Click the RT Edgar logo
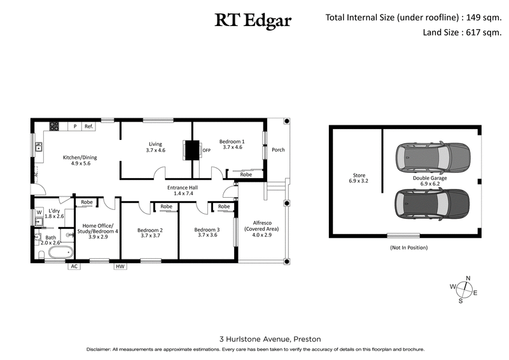(253, 21)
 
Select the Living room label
(155, 147)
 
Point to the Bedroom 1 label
(232, 144)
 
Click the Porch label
(278, 150)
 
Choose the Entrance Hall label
(180, 190)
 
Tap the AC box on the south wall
(74, 267)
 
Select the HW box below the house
(120, 267)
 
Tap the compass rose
(468, 289)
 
